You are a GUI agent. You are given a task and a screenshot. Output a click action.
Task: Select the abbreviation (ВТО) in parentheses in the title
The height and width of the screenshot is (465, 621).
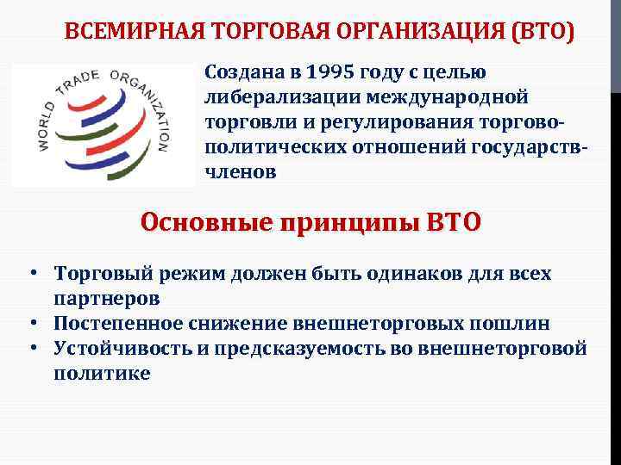click(x=543, y=32)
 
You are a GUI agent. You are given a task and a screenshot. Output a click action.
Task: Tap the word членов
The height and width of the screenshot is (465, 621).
click(x=241, y=170)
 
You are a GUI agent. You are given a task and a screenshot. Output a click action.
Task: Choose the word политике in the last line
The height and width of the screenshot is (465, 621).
click(x=102, y=373)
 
